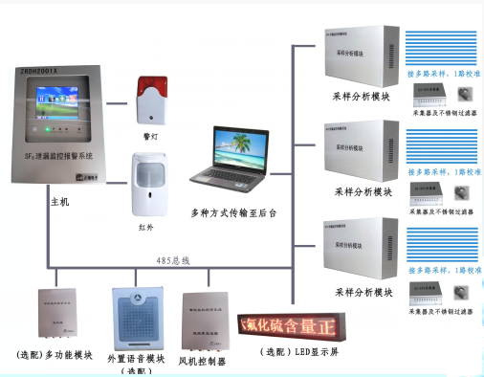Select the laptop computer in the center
[x=230, y=159]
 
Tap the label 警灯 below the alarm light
[x=150, y=136]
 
